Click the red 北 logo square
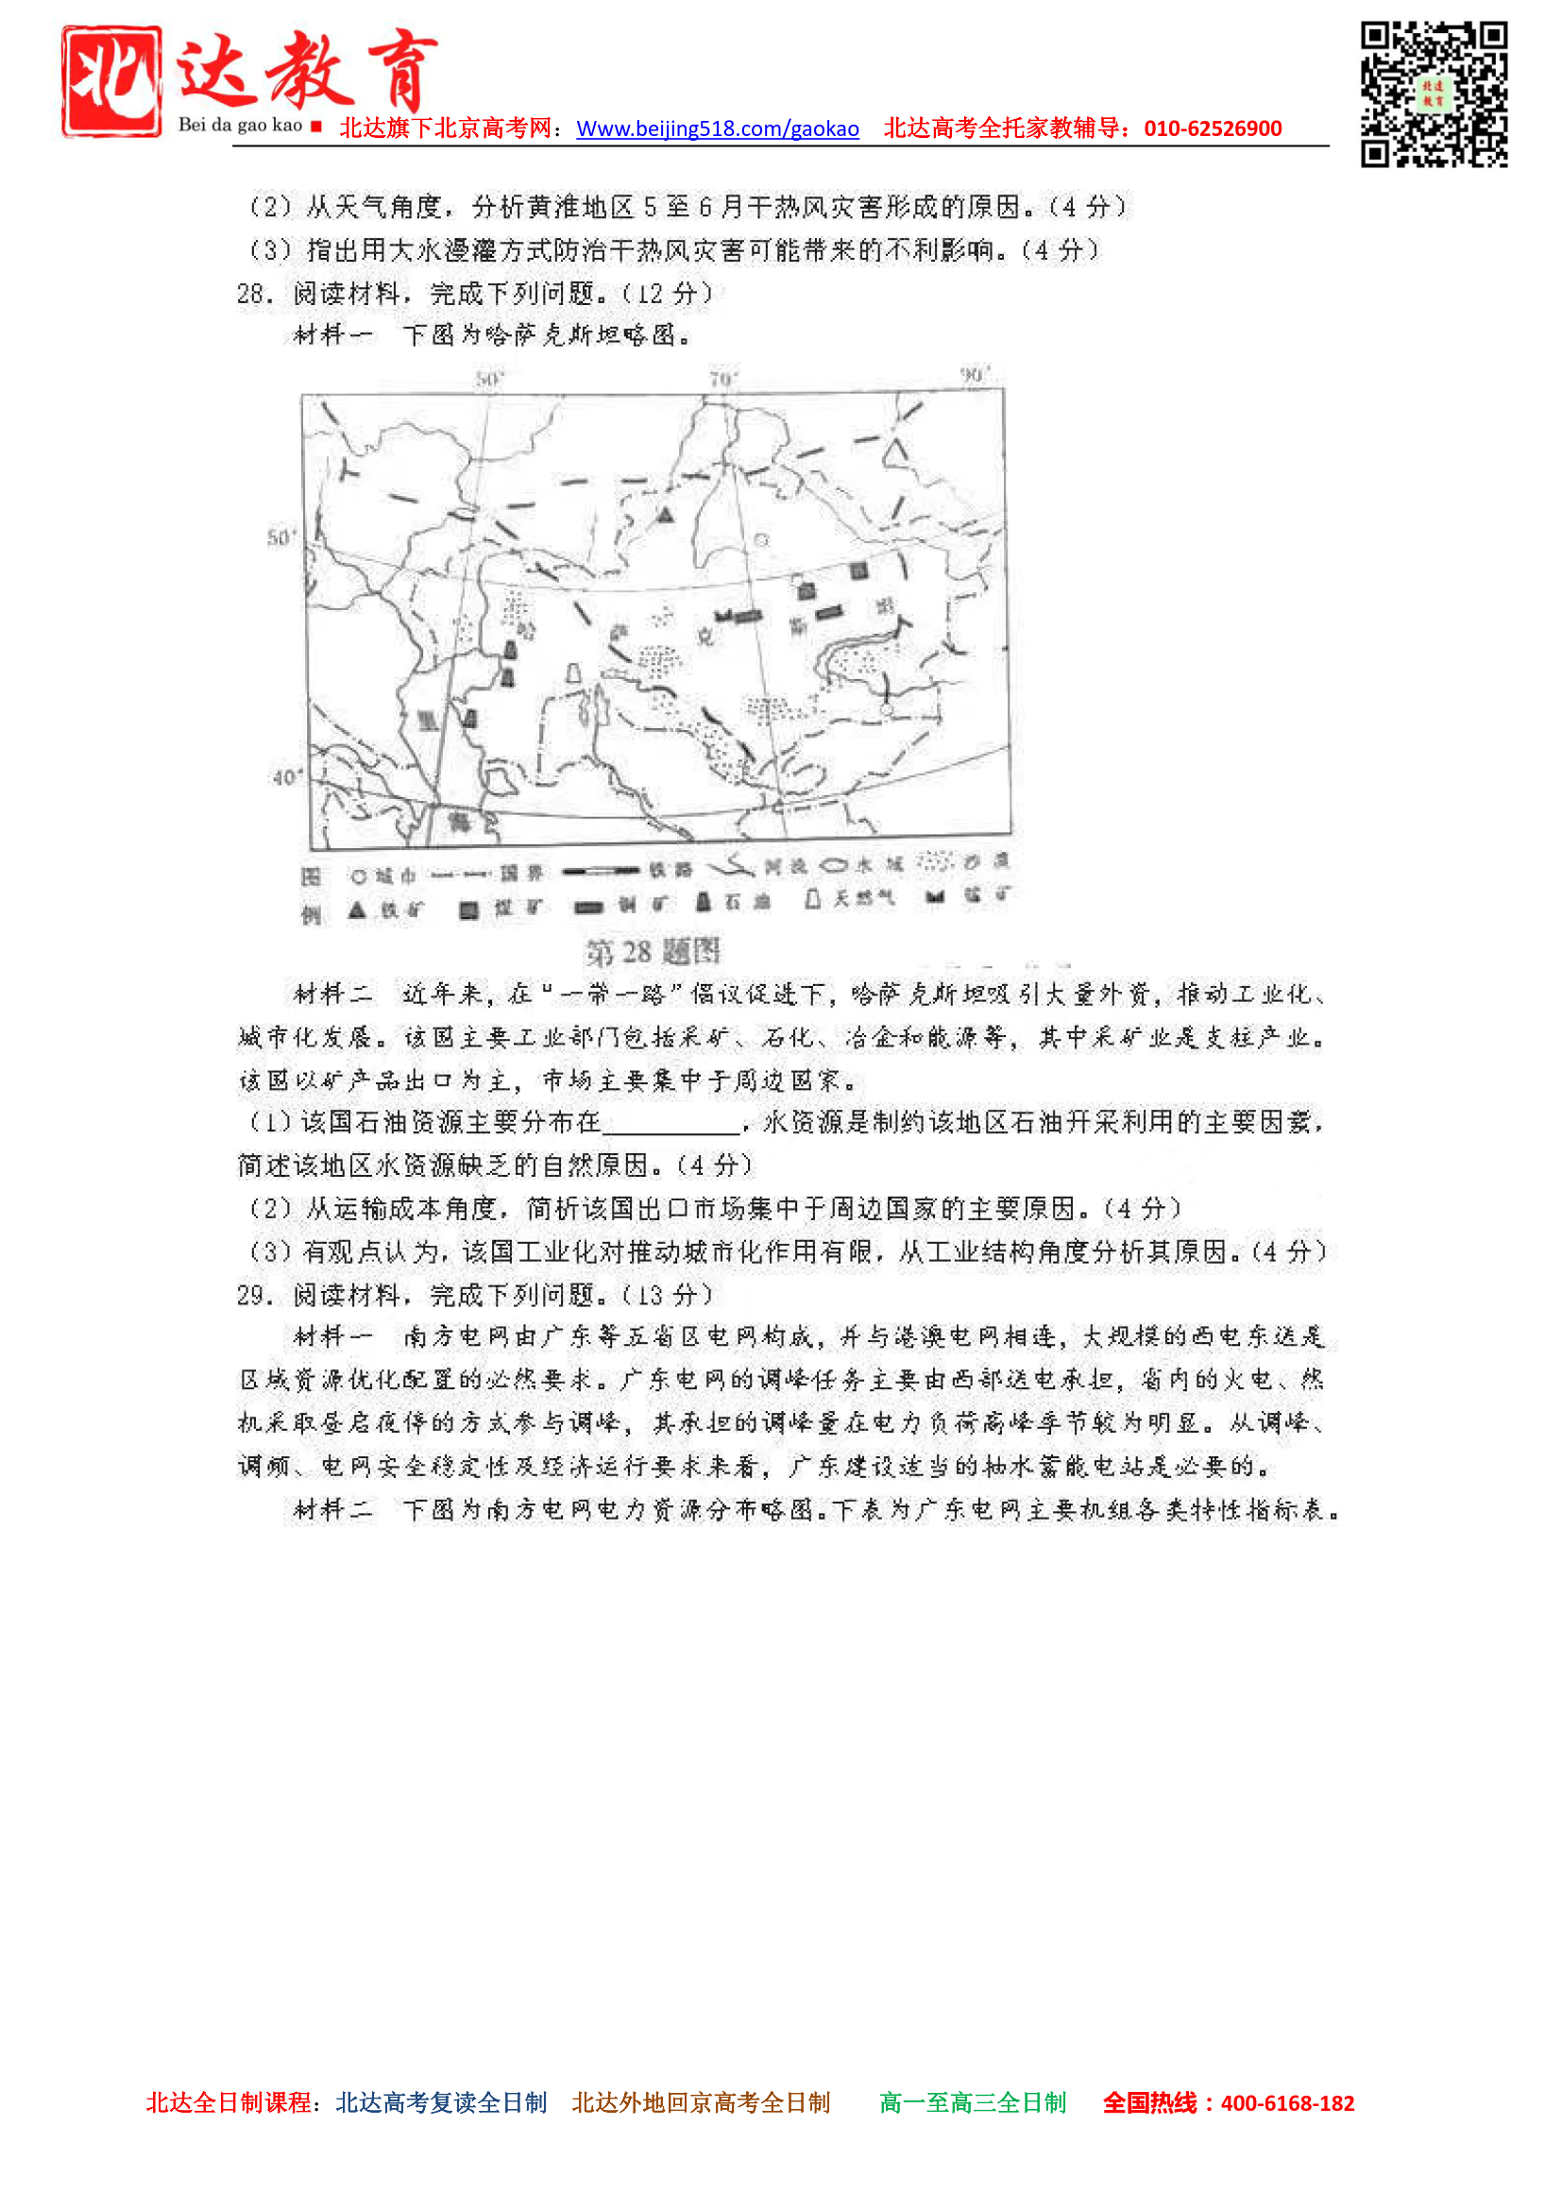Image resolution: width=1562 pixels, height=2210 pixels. click(x=111, y=81)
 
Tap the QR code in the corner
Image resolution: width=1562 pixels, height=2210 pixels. click(x=1433, y=94)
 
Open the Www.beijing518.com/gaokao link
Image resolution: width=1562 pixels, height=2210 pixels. click(x=717, y=129)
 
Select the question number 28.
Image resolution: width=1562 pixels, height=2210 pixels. click(x=255, y=294)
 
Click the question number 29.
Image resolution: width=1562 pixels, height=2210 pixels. click(x=255, y=1296)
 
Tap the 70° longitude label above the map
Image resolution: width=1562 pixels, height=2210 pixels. click(x=722, y=380)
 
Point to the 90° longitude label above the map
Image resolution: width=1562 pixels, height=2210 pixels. click(x=974, y=374)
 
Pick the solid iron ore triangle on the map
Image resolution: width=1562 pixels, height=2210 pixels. click(x=665, y=515)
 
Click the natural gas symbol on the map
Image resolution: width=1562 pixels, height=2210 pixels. click(x=573, y=672)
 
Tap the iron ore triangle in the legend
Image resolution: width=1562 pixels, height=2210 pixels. click(x=357, y=909)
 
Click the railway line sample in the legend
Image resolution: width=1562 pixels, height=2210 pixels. click(x=601, y=871)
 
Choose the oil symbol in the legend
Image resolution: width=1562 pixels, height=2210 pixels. click(x=704, y=902)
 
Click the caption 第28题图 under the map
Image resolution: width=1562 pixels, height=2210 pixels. click(x=653, y=953)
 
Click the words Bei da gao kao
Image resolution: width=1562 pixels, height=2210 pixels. click(x=240, y=125)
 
